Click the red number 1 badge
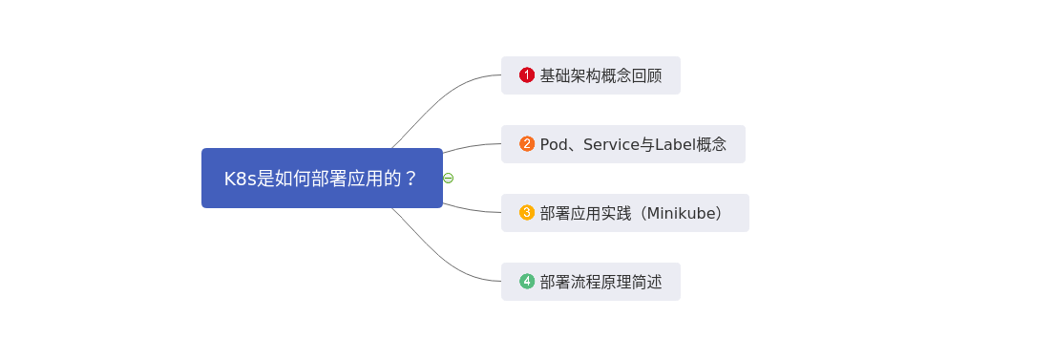[527, 74]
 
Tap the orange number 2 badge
[527, 144]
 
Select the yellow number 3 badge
[527, 213]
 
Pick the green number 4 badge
[527, 282]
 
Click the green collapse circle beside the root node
[449, 178]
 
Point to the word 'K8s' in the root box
[241, 179]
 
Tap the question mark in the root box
[411, 179]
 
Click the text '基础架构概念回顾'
[600, 75]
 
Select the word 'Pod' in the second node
[555, 144]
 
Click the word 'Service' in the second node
[610, 144]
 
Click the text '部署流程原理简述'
[600, 282]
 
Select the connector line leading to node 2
[473, 146]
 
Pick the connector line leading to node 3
[473, 209]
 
